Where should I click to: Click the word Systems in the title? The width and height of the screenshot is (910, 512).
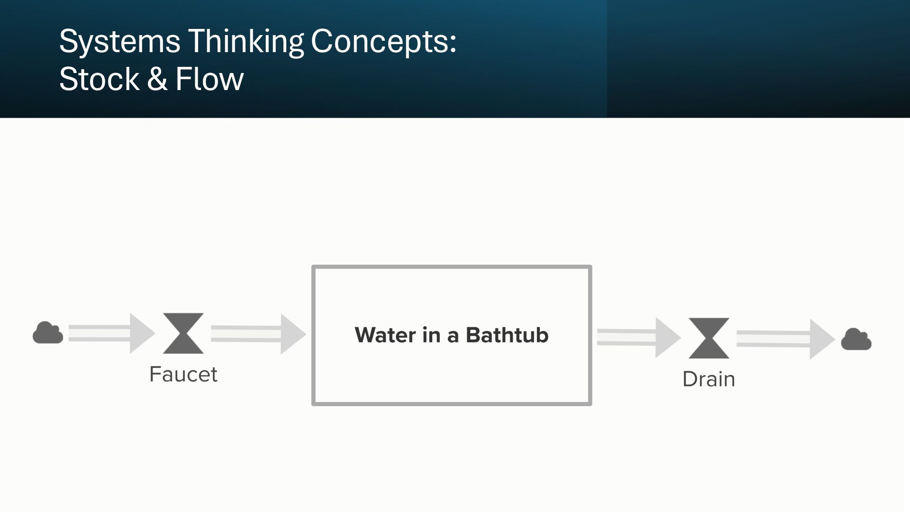[x=119, y=42]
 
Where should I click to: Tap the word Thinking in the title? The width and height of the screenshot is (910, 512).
[x=246, y=42]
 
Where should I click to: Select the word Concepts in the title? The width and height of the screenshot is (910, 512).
[x=383, y=42]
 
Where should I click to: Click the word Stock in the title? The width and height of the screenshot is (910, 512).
[x=99, y=79]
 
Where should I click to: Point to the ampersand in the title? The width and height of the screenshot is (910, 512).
[x=157, y=79]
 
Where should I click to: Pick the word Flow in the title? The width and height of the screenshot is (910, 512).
[x=209, y=79]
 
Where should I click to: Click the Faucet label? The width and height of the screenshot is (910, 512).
[x=183, y=375]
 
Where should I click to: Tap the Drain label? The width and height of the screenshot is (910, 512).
[x=709, y=379]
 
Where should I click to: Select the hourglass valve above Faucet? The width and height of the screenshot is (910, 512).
[x=183, y=333]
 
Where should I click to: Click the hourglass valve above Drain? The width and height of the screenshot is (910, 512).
[x=709, y=338]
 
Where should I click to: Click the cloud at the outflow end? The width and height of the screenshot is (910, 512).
[x=856, y=339]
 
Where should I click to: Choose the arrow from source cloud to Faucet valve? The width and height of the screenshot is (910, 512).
[x=111, y=333]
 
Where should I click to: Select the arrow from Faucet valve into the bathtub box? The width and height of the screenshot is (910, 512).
[x=258, y=334]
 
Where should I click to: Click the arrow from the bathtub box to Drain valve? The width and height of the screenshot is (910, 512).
[x=638, y=337]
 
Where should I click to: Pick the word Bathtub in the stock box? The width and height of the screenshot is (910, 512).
[x=507, y=335]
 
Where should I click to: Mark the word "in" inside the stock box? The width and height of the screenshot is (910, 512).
[x=431, y=335]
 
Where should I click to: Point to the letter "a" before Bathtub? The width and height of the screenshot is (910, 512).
[x=453, y=336]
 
